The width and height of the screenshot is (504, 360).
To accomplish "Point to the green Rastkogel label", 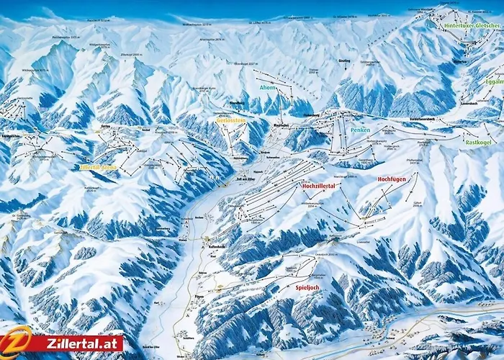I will pyautogui.click(x=477, y=143).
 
